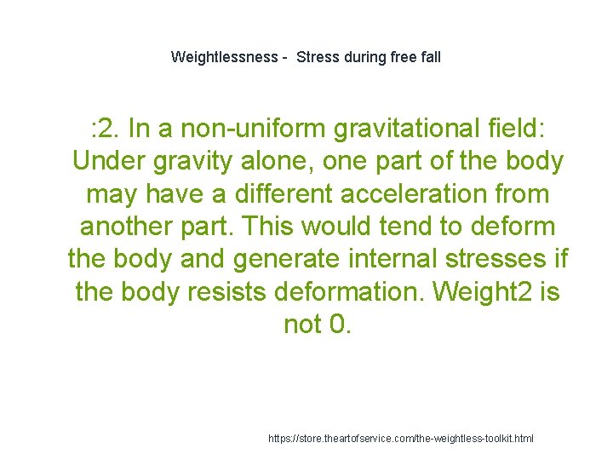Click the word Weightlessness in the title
point(224,57)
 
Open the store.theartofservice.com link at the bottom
point(401,438)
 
